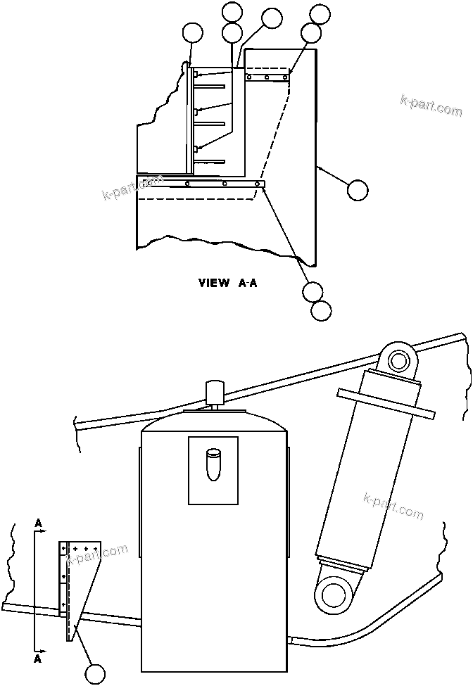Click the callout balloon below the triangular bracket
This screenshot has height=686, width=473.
point(94,673)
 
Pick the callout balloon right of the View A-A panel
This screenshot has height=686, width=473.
point(358,189)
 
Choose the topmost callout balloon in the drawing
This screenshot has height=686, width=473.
point(232,12)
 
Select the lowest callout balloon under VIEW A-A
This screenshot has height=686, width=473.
point(321,310)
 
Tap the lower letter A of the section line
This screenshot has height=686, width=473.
point(38,660)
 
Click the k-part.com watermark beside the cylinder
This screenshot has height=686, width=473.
point(393,507)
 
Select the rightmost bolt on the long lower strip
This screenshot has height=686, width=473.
point(260,186)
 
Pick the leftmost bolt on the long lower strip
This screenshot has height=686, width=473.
point(187,184)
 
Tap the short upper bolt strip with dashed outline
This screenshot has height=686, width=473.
point(267,77)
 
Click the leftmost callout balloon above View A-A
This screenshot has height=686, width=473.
point(192,32)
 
